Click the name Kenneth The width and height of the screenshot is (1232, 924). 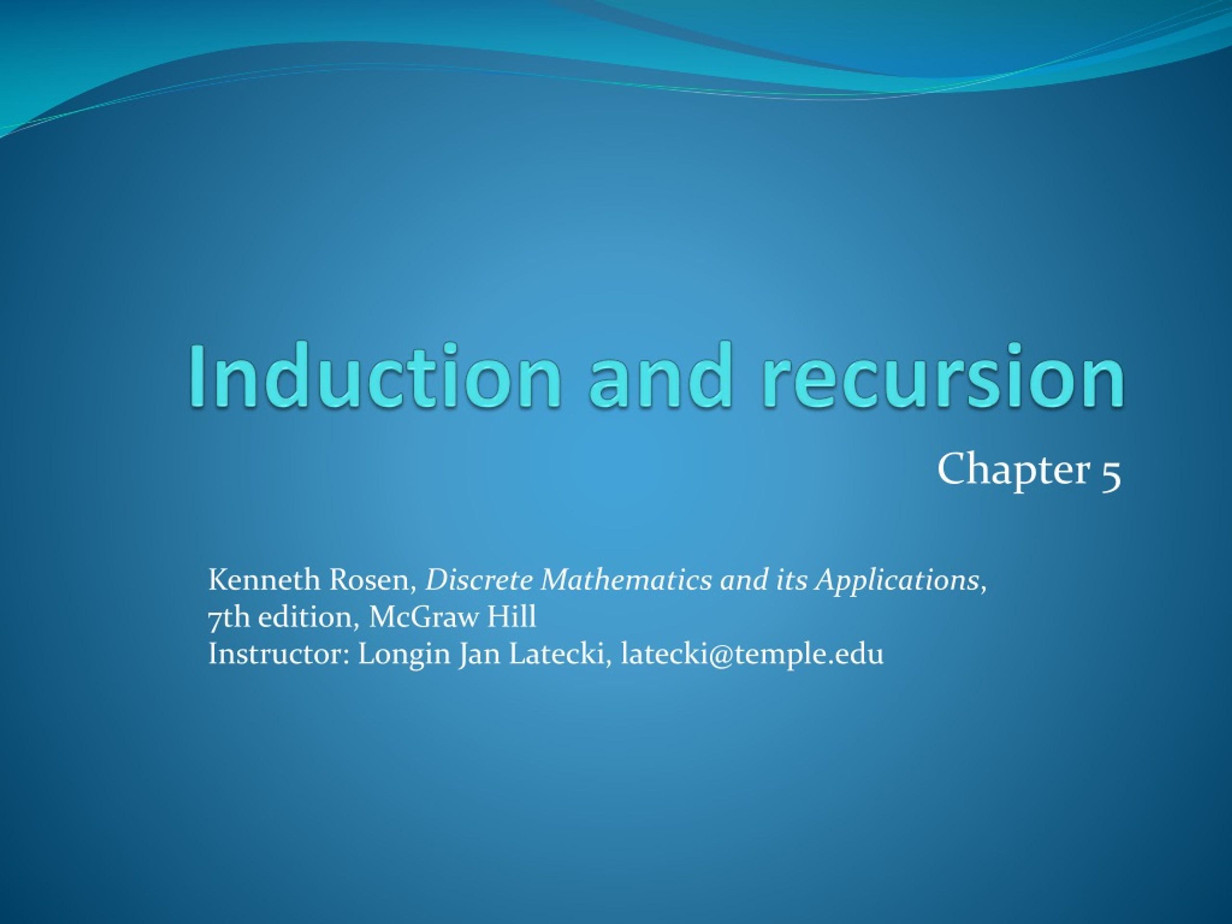265,580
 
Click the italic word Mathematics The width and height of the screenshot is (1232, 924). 626,580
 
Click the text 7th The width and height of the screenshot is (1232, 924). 229,617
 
